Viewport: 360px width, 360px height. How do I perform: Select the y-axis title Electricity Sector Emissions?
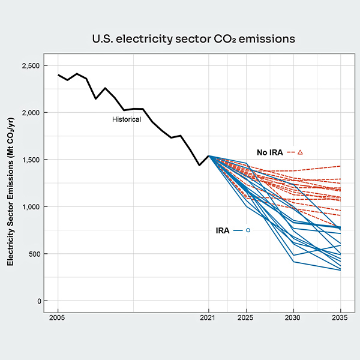tap(11, 199)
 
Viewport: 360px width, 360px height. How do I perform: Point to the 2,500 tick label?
tap(32, 65)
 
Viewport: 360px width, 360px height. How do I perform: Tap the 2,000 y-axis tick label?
tap(32, 113)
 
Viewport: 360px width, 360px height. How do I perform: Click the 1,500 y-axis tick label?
tap(32, 160)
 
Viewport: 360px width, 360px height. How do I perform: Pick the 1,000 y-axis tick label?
tap(32, 207)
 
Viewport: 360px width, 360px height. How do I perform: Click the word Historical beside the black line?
tap(127, 119)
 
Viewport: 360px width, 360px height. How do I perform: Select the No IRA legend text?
tap(270, 152)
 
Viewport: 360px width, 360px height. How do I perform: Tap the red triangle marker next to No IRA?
tap(300, 152)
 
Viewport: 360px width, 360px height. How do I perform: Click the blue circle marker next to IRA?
tap(248, 230)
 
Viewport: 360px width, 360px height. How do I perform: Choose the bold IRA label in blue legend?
tap(223, 230)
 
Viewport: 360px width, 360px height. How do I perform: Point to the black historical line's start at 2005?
tap(58, 75)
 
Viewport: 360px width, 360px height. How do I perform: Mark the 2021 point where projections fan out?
tap(209, 156)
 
